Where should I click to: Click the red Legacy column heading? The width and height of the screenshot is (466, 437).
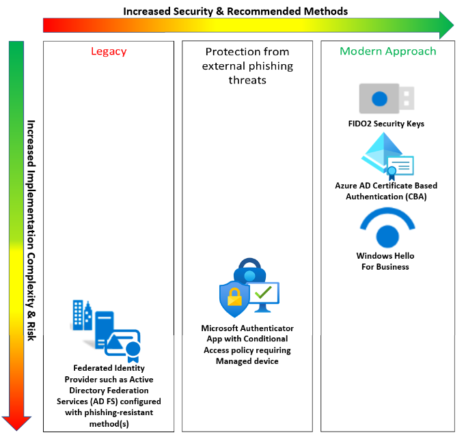[x=109, y=51]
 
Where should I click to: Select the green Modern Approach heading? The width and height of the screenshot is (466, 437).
[x=387, y=51]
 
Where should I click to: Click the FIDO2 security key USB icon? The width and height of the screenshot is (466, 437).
[x=387, y=99]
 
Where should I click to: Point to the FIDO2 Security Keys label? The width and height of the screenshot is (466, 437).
[x=386, y=124]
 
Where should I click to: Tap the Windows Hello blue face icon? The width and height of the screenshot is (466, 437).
[x=386, y=229]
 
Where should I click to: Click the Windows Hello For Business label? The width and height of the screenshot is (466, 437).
[x=385, y=262]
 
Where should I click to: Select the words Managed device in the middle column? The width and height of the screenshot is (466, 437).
[x=247, y=361]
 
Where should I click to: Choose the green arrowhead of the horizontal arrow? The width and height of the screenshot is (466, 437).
[x=445, y=25]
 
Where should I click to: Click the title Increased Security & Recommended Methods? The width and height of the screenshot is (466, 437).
[x=236, y=11]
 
